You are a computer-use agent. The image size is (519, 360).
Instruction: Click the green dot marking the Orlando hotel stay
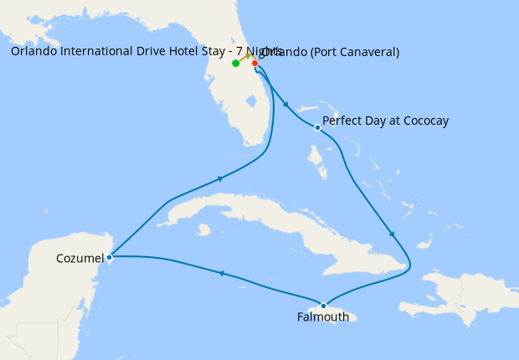coord(236,63)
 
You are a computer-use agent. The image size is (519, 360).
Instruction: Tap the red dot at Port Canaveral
coord(254,63)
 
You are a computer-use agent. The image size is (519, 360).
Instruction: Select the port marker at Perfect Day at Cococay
coord(317,128)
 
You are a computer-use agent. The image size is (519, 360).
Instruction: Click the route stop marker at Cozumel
coord(110,257)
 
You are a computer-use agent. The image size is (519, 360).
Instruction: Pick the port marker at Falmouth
coord(323,306)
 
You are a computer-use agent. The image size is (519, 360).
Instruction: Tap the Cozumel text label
coord(80,258)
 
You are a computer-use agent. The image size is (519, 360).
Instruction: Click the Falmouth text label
coord(322,317)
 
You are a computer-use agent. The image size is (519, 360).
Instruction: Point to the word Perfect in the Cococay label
coord(342,121)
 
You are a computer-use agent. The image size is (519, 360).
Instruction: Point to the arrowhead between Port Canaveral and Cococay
coord(287,105)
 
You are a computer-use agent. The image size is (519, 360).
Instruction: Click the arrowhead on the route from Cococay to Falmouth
coord(392,234)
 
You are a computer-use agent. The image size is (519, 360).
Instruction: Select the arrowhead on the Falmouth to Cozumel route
coord(221,273)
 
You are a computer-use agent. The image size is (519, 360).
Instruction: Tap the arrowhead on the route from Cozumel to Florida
coord(221,178)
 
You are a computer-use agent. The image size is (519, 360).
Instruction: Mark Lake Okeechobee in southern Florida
coord(249,102)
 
